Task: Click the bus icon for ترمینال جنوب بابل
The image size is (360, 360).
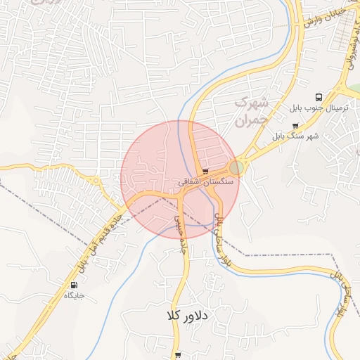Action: [319, 98]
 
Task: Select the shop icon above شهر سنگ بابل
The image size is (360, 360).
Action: [295, 125]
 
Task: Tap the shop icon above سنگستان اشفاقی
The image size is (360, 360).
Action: [205, 171]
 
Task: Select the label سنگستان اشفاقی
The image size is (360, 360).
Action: [200, 181]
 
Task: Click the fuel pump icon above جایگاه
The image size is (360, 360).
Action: [74, 285]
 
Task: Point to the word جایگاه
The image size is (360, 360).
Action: [74, 295]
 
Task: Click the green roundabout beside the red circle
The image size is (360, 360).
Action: [236, 167]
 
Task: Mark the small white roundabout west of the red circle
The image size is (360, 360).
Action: [96, 181]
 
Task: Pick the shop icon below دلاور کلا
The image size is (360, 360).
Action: [178, 356]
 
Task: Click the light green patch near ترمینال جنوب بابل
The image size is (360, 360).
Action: [353, 89]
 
